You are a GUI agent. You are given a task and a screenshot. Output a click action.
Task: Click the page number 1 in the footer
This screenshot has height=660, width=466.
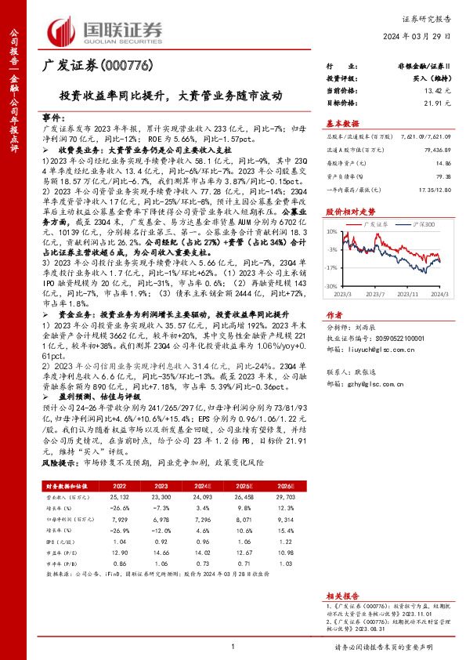(x=233, y=646)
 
